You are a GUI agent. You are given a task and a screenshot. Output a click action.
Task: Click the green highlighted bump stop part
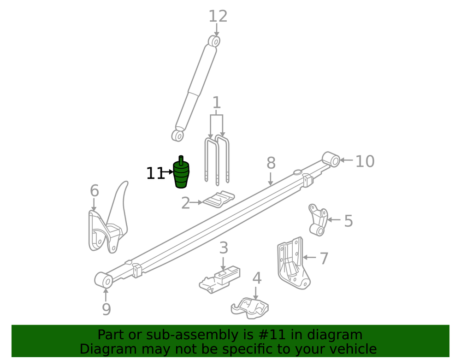(181, 173)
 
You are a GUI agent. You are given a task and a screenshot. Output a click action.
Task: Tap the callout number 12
(218, 17)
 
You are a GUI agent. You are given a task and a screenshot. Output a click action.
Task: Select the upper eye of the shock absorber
(214, 41)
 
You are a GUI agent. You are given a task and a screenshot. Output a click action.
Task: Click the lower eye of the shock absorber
(178, 136)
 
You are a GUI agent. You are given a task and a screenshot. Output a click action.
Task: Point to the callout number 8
(271, 163)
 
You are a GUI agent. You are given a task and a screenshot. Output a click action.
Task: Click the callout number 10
(365, 161)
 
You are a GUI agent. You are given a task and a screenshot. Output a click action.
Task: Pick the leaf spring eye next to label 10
(331, 159)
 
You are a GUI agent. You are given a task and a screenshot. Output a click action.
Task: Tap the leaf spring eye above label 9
(104, 280)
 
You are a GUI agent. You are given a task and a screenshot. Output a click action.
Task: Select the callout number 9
(106, 309)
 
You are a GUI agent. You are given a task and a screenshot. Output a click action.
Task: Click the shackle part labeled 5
(318, 220)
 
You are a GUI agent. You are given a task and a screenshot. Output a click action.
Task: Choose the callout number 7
(324, 259)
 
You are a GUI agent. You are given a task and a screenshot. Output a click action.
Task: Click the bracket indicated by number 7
(293, 263)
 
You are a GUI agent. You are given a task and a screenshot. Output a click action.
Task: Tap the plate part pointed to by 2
(219, 199)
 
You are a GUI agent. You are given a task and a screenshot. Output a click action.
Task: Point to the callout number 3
(224, 248)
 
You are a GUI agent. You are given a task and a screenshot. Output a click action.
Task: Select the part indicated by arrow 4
(249, 308)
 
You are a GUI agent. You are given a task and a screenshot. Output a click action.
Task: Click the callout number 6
(95, 191)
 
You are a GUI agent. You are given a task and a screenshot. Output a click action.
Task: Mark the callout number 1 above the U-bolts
(217, 103)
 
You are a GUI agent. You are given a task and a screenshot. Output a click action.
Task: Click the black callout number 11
(155, 173)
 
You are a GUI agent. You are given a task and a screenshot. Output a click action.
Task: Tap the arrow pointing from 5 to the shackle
(334, 219)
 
